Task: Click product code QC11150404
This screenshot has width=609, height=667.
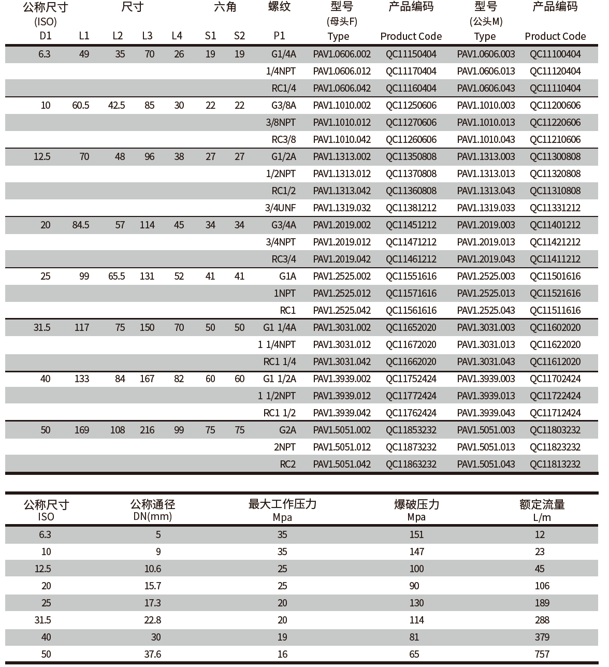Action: coord(411,54)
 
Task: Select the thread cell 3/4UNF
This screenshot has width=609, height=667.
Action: coord(281,208)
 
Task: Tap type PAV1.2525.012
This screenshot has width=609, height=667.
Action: coord(342,294)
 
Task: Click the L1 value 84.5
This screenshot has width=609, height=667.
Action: coord(81,225)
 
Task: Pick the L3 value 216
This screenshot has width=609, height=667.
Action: coord(147,430)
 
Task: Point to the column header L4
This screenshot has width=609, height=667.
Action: coord(177,36)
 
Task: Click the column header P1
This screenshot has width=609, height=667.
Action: coord(279,36)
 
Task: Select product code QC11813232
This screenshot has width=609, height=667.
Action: coord(555,465)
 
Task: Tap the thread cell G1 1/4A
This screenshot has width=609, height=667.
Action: coord(280,328)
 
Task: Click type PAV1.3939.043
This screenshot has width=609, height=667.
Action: coord(486,413)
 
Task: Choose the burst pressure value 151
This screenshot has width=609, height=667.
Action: coord(416,535)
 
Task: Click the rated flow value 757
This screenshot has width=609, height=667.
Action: coord(542,655)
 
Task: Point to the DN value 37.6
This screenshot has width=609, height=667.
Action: coord(153,655)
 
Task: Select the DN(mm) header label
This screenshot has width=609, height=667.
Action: coord(153,516)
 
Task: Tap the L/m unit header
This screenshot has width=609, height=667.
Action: coord(542,517)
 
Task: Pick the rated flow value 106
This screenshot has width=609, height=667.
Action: coord(542,586)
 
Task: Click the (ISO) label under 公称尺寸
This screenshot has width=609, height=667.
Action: coord(46,22)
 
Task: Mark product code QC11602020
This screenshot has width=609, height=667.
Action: coord(555,328)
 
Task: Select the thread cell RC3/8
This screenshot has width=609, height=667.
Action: coord(284,140)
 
